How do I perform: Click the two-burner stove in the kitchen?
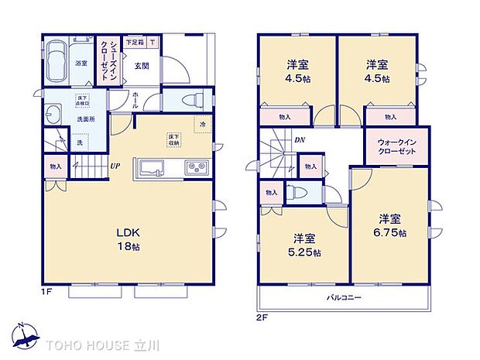click(x=194, y=168)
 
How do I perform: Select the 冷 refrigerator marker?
click(x=201, y=125)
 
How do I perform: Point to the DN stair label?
click(x=299, y=139)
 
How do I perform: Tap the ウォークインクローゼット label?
click(x=396, y=146)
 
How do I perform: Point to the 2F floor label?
click(x=262, y=316)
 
